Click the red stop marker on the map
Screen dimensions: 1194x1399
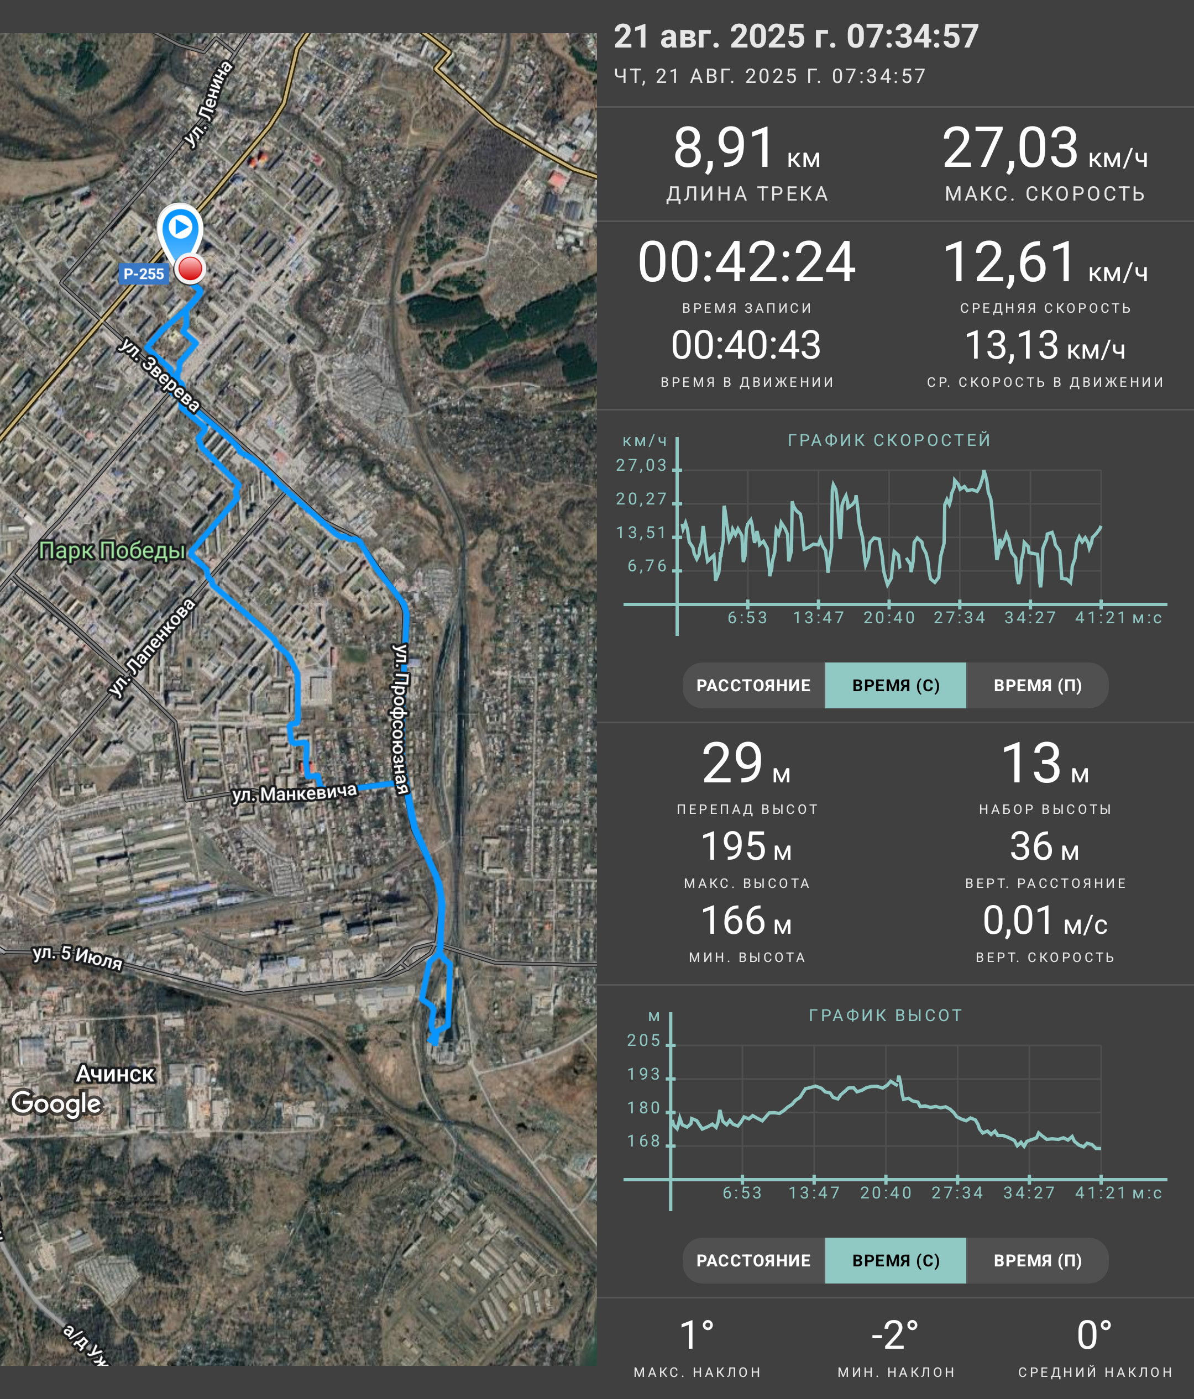190,269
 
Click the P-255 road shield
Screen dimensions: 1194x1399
144,274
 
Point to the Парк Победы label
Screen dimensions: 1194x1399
112,551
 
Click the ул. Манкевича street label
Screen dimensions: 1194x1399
295,793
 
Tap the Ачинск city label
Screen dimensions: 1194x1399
116,1073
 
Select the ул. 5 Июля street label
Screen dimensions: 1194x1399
77,958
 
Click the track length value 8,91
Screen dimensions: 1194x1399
723,148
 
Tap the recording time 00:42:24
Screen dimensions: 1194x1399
747,262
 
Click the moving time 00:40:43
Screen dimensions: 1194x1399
746,345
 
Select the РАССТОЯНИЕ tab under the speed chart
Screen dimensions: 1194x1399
753,685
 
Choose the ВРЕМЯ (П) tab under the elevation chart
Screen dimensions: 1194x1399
1038,1260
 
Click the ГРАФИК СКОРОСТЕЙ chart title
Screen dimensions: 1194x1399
889,440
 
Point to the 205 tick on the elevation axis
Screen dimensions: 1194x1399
643,1040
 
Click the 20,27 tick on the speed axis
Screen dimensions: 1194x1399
641,499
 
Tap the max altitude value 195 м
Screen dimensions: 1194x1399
746,846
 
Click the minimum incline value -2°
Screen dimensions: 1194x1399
895,1335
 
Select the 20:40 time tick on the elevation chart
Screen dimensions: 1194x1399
886,1193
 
